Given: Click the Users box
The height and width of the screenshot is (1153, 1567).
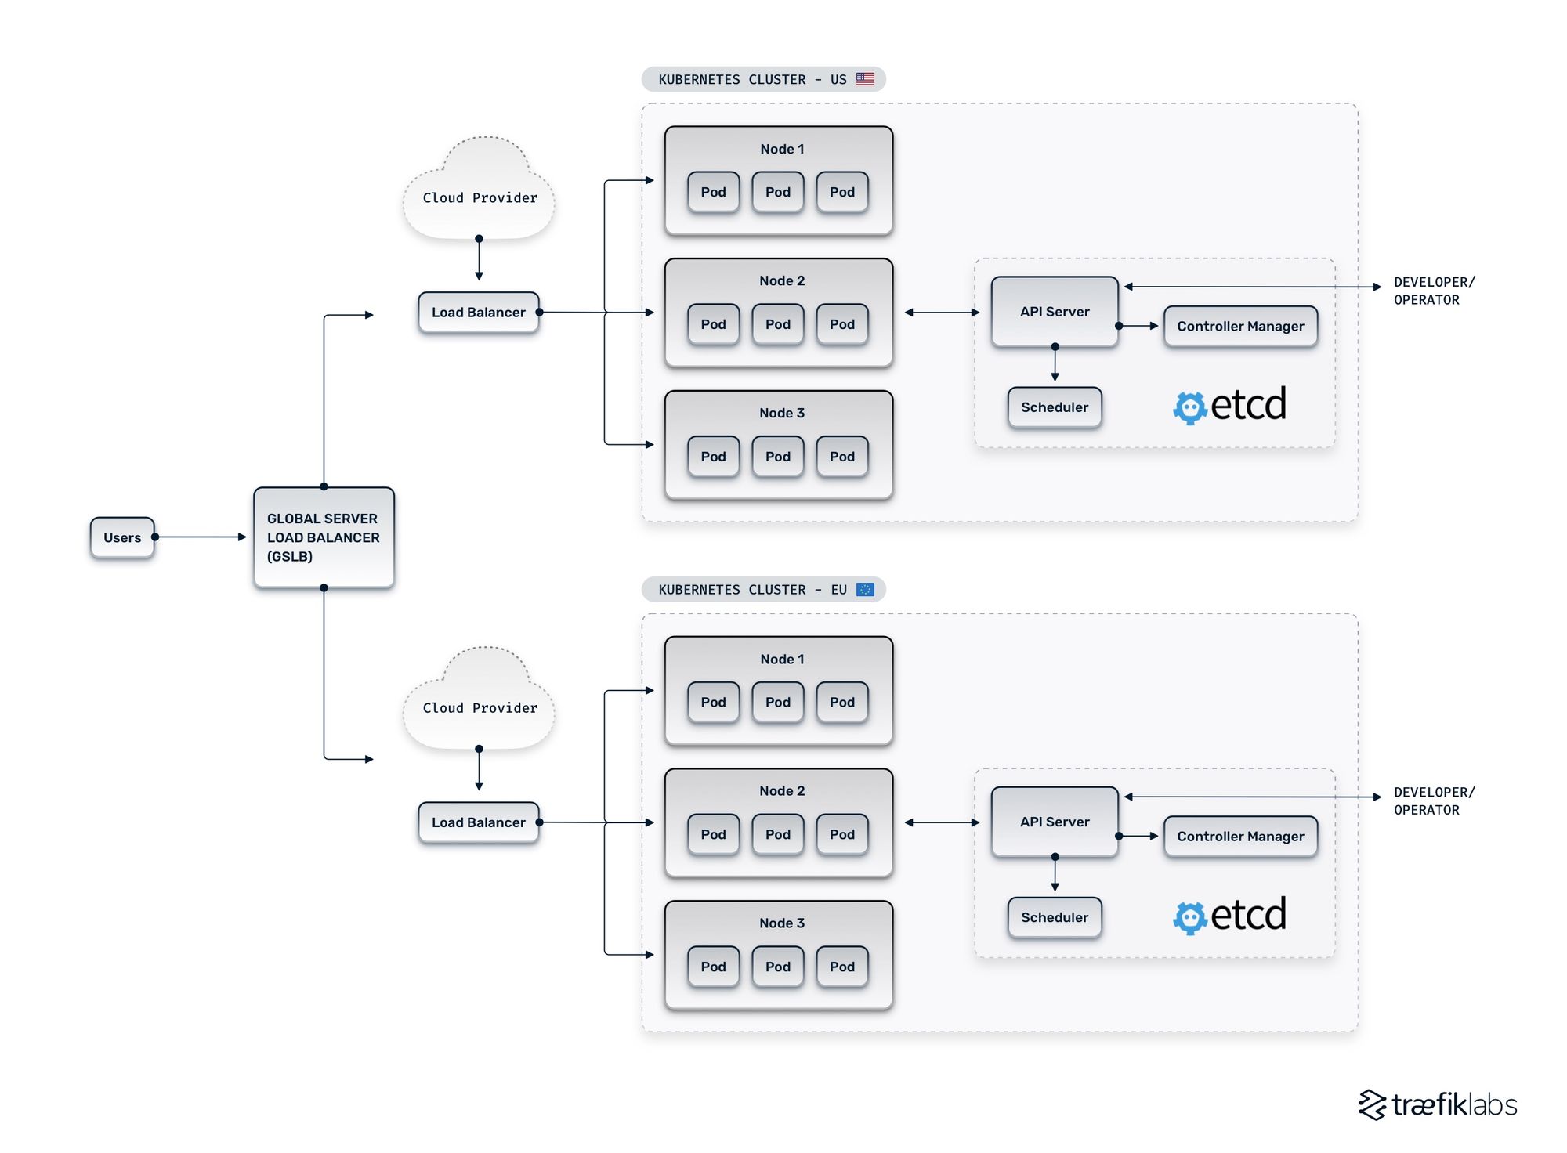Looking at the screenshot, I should (x=122, y=537).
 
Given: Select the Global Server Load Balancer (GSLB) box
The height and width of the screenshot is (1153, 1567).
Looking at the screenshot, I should (x=324, y=537).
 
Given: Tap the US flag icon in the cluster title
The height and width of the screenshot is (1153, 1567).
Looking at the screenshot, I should (x=865, y=79).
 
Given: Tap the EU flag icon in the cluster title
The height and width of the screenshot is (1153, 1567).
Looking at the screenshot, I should (x=865, y=589).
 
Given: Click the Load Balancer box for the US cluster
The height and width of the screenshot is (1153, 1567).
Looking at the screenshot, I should (x=478, y=313).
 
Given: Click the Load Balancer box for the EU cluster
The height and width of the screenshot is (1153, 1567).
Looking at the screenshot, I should (x=478, y=822).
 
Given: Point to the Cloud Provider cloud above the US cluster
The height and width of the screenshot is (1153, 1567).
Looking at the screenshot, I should (x=480, y=192).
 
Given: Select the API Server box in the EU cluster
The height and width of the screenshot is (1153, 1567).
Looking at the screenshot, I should (x=1055, y=822).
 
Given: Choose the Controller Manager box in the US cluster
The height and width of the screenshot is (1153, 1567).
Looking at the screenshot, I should (x=1240, y=326).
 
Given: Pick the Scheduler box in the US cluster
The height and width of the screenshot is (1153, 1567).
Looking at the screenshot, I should (x=1055, y=407).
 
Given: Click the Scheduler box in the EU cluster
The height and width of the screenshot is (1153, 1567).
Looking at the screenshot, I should (x=1055, y=917).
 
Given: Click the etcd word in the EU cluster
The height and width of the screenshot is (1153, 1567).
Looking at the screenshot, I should (x=1248, y=914).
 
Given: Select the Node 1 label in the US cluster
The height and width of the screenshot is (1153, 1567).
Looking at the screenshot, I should (x=782, y=149).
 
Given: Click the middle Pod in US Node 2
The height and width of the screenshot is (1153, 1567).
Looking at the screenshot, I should (x=778, y=324).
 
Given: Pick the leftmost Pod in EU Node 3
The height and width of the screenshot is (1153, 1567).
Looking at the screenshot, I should (x=713, y=967).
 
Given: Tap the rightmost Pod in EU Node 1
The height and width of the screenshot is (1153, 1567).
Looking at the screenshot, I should (x=842, y=703).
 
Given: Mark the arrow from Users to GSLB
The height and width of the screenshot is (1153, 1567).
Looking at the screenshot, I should (x=201, y=537).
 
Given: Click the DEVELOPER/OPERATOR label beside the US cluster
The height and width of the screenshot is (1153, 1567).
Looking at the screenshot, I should (x=1433, y=291).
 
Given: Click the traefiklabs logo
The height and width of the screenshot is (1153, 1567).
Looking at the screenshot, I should (x=1438, y=1104).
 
